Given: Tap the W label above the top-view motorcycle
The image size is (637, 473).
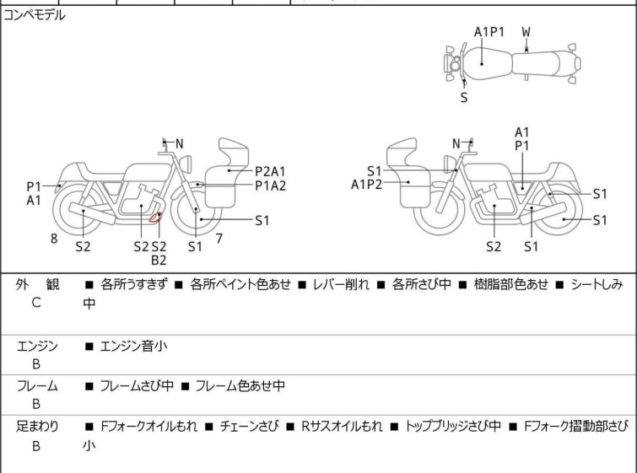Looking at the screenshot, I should pyautogui.click(x=526, y=32).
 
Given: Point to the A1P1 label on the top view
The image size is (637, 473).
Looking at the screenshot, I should pyautogui.click(x=489, y=32).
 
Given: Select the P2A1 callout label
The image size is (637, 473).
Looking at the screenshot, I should pyautogui.click(x=271, y=170).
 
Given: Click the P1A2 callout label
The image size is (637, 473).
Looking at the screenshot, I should pyautogui.click(x=271, y=185).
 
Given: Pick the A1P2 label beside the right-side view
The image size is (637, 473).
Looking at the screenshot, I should pyautogui.click(x=367, y=185).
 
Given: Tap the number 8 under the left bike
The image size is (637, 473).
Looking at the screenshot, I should pyautogui.click(x=54, y=239).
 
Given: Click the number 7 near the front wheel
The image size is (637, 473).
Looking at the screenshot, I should pyautogui.click(x=219, y=239).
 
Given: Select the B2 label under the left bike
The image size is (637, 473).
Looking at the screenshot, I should pyautogui.click(x=159, y=261).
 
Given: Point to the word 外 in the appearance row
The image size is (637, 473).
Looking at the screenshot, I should pyautogui.click(x=24, y=285).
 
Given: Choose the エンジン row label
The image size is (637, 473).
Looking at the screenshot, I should pyautogui.click(x=37, y=346).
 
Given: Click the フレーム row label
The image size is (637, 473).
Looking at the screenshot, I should pyautogui.click(x=37, y=386).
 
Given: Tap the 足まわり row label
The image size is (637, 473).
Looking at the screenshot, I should pyautogui.click(x=37, y=427).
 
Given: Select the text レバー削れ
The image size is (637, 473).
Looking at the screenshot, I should pyautogui.click(x=337, y=285).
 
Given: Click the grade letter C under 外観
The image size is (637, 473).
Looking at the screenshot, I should pyautogui.click(x=36, y=303).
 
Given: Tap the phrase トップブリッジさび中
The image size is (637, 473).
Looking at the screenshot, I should pyautogui.click(x=453, y=427).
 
